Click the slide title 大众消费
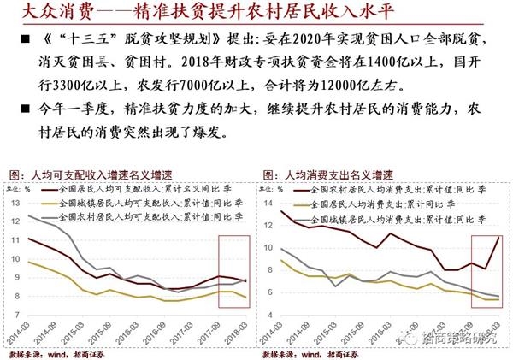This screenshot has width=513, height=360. click(x=42, y=13)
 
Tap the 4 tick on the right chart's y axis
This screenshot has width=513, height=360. click(x=271, y=333)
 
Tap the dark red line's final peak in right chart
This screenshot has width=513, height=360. click(x=498, y=237)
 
